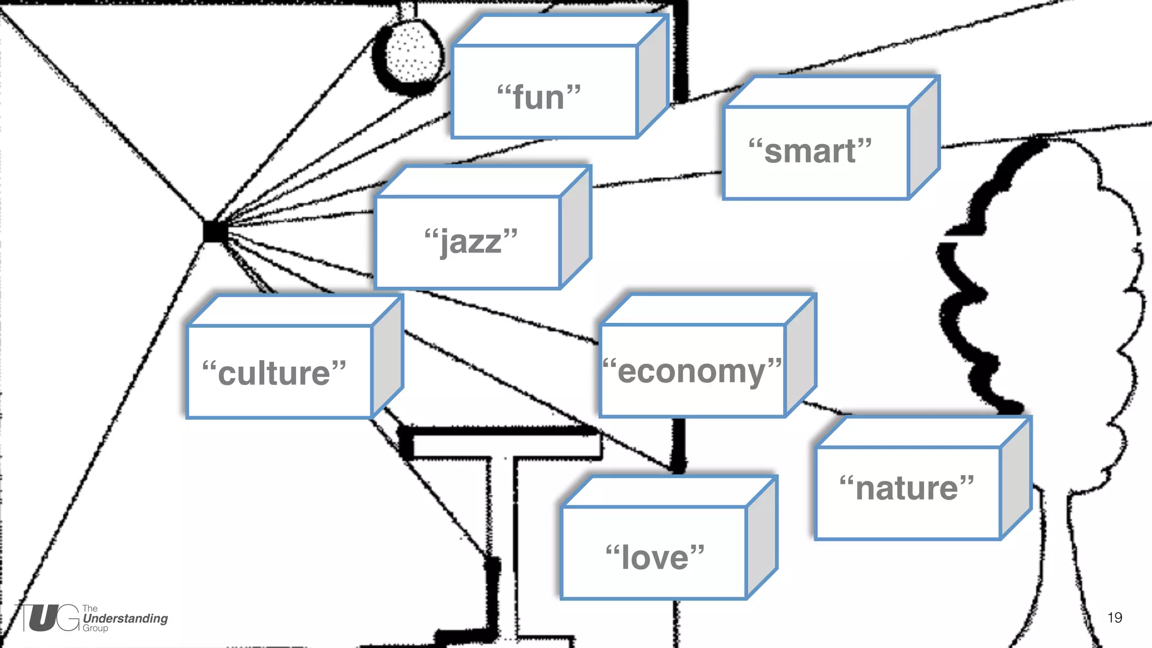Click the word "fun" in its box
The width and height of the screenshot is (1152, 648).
[539, 97]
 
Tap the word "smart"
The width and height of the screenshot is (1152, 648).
[810, 151]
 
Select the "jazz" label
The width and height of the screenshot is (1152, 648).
[471, 241]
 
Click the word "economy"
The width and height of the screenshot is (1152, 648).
[692, 372]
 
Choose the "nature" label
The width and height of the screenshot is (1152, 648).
[907, 488]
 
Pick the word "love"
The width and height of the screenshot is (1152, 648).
[655, 557]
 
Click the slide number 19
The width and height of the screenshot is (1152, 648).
[1114, 618]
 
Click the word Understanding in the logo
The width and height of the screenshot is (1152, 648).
[125, 618]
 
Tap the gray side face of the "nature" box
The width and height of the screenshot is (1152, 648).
[1016, 478]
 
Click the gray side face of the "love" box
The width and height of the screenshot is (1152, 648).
[762, 537]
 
